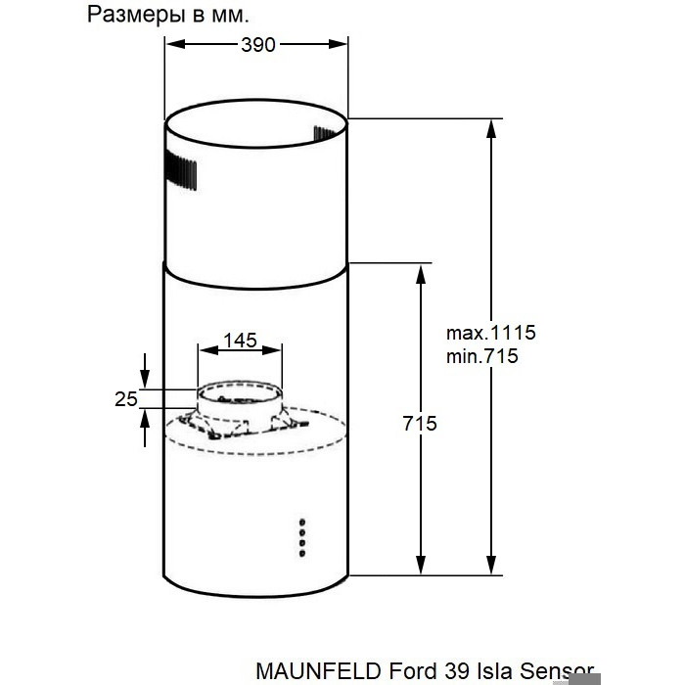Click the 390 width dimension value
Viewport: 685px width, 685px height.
click(258, 45)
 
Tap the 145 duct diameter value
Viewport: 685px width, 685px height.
click(241, 340)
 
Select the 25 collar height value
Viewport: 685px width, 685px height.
click(126, 399)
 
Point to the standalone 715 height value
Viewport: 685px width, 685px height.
click(420, 424)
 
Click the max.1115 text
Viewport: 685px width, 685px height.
click(490, 333)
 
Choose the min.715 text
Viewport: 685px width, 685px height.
click(481, 356)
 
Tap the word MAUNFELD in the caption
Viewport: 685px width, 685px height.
click(318, 670)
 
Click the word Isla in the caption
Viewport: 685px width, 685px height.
click(492, 670)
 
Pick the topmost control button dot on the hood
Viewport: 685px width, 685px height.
click(301, 522)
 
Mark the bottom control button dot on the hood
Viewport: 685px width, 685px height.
click(301, 554)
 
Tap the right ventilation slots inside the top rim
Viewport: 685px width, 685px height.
click(326, 133)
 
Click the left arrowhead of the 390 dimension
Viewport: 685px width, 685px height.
click(175, 44)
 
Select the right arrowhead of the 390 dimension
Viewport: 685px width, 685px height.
click(338, 44)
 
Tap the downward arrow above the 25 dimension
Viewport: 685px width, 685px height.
click(145, 371)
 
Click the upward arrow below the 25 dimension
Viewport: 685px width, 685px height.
click(145, 429)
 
